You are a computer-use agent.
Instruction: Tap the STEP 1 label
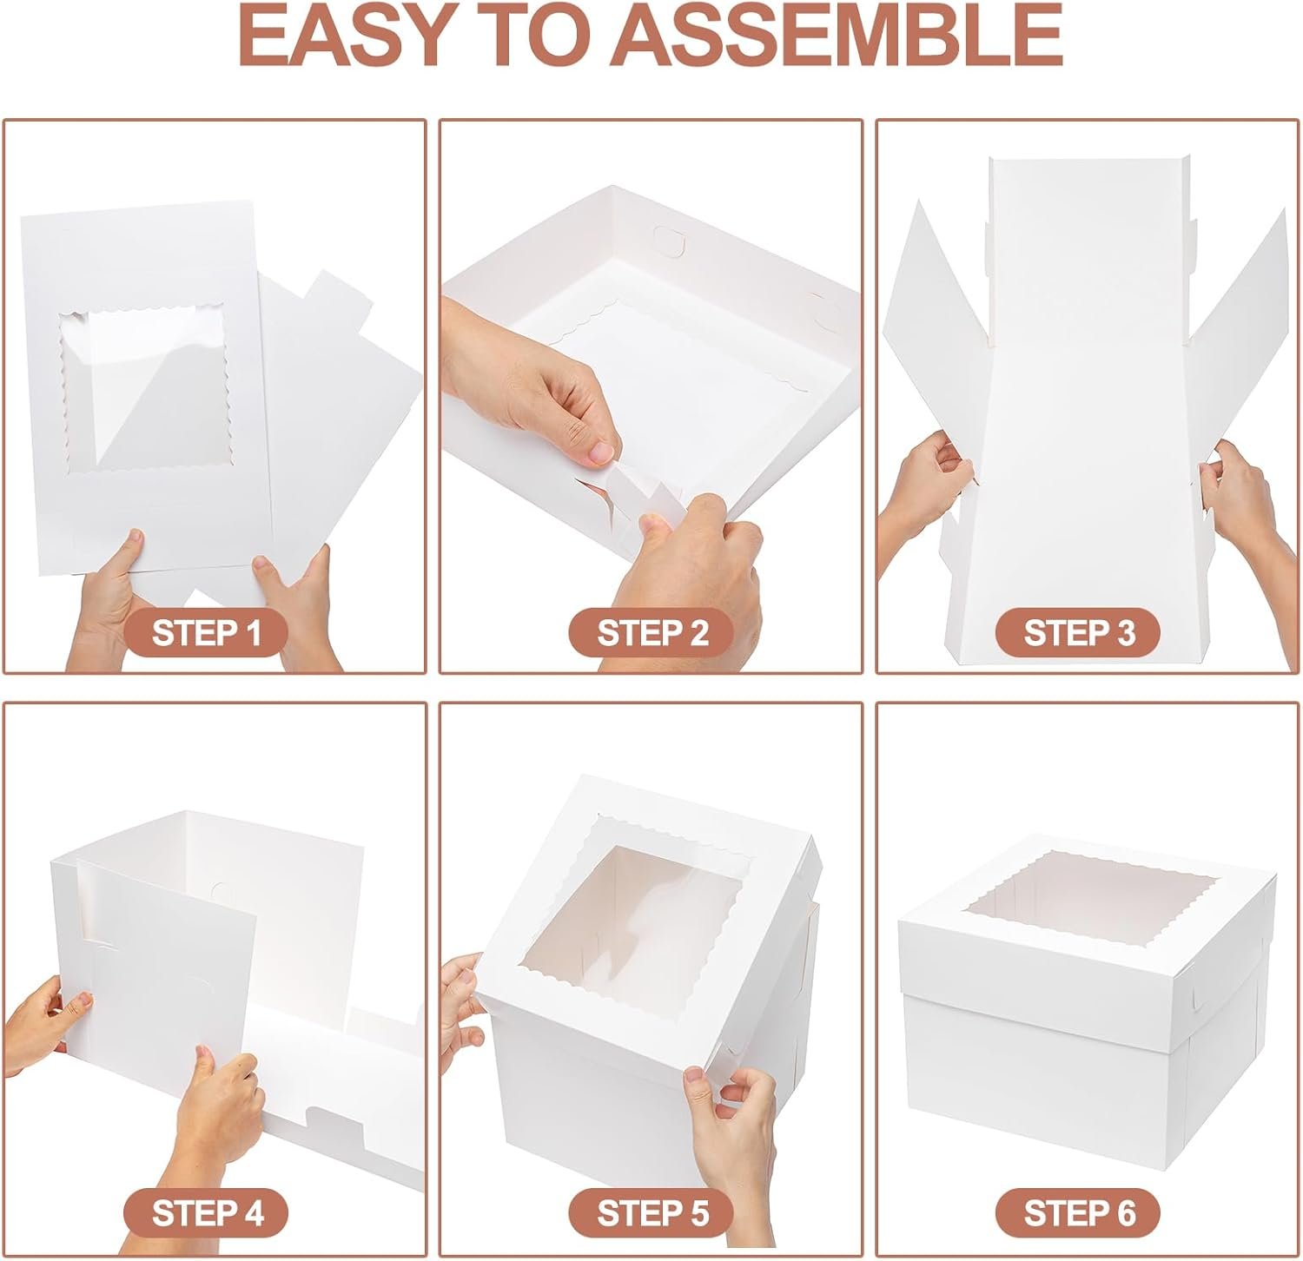206,633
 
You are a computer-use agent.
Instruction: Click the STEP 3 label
1078,633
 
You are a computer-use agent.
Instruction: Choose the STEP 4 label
206,1211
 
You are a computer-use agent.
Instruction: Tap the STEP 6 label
1078,1211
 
